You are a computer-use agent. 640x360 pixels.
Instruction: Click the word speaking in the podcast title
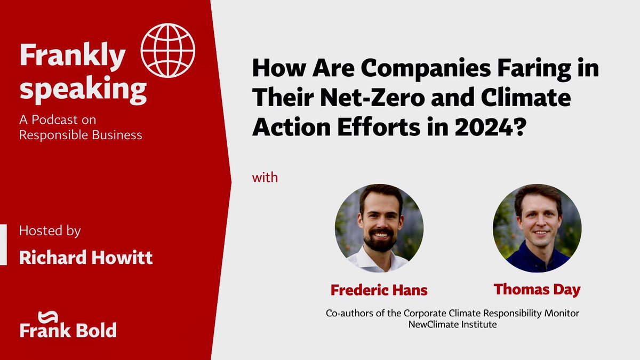click(x=83, y=91)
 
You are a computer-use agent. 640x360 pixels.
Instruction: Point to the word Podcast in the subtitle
click(x=61, y=120)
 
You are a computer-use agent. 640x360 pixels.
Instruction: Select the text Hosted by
click(x=50, y=231)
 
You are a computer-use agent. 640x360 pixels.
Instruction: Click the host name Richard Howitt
click(x=86, y=258)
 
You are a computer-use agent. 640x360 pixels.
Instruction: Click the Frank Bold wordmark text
click(x=68, y=331)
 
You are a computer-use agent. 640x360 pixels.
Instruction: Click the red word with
click(x=265, y=177)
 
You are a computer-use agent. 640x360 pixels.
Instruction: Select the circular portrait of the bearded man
click(x=379, y=228)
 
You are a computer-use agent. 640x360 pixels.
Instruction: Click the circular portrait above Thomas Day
click(x=537, y=228)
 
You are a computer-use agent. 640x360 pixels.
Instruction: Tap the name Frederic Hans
click(x=379, y=290)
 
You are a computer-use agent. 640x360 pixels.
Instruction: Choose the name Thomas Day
click(x=537, y=290)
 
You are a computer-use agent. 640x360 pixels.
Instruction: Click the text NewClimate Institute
click(x=452, y=324)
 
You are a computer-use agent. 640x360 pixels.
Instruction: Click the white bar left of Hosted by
click(x=3, y=245)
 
